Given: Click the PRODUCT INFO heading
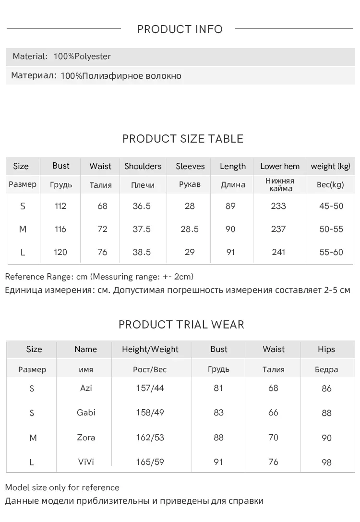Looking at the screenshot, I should [x=180, y=29].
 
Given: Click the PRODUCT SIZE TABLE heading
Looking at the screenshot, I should [x=183, y=139].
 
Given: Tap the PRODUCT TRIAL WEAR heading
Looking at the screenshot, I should [x=181, y=325].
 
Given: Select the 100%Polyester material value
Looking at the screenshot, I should [x=82, y=57].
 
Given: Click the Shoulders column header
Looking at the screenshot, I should [x=143, y=166].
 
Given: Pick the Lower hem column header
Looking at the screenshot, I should [x=280, y=166].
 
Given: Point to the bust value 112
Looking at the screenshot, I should [x=60, y=206].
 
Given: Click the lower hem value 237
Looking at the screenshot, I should [x=278, y=229].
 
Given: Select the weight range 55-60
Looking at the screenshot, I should [x=331, y=252].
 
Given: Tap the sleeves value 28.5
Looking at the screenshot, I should [x=190, y=229].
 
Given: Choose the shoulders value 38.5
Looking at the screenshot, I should [x=142, y=252].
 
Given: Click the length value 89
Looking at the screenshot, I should [x=230, y=206].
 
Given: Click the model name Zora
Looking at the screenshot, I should [x=86, y=437].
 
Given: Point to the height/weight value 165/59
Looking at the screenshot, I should [x=150, y=462].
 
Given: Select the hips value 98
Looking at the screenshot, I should [x=327, y=462].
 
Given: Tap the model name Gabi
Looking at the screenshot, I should [x=86, y=413].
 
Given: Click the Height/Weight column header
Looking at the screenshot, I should [x=150, y=349].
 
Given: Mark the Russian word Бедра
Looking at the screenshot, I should [x=326, y=370].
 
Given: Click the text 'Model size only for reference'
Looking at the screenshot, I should [x=62, y=487].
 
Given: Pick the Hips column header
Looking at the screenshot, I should [x=326, y=349].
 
